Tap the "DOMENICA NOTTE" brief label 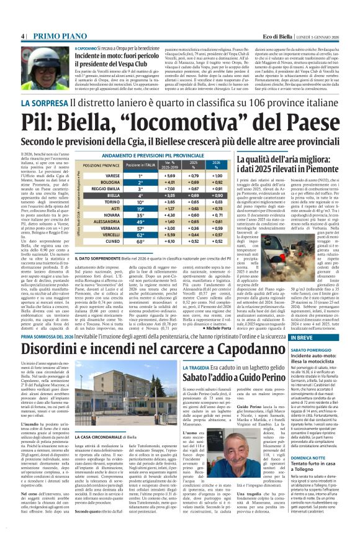pos(313,457)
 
